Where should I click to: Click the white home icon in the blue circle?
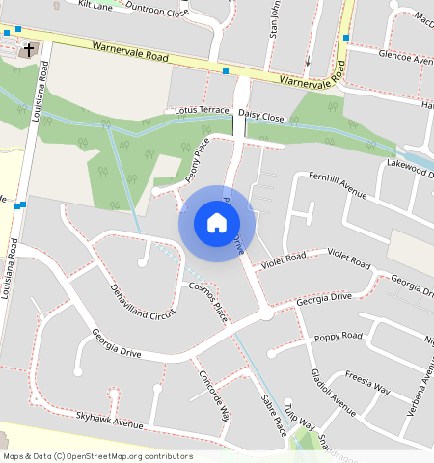(217, 223)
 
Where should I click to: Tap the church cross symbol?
(29, 48)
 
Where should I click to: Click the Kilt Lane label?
(95, 5)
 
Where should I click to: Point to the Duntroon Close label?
(158, 9)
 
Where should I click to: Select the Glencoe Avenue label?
(406, 57)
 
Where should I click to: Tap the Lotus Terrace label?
(202, 111)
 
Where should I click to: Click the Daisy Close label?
(260, 115)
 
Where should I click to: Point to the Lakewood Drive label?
(411, 167)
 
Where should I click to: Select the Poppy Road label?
(339, 337)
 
